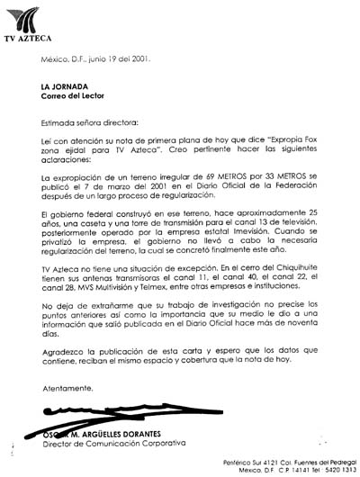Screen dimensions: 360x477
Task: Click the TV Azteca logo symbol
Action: pos(23,17)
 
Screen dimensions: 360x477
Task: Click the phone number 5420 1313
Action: pos(335,470)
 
